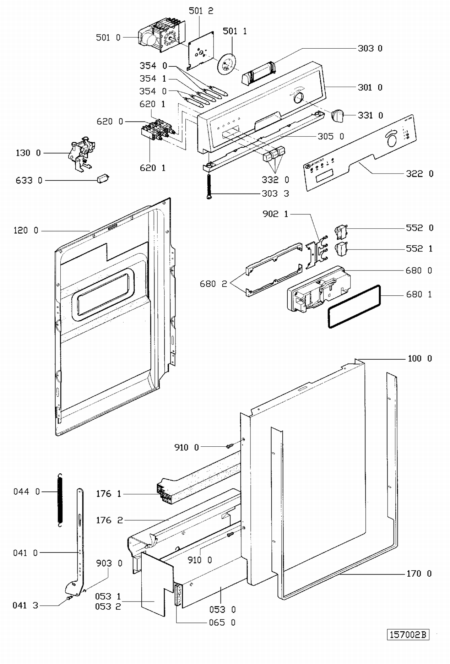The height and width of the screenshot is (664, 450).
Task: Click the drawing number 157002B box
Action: click(x=408, y=635)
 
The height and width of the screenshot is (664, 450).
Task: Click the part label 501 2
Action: click(x=201, y=11)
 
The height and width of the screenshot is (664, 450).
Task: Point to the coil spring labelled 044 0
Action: click(x=60, y=500)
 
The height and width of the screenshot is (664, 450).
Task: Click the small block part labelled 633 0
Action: click(x=103, y=179)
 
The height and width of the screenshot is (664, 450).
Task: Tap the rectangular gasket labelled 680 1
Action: click(x=354, y=306)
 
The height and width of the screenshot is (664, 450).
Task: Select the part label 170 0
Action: click(x=419, y=574)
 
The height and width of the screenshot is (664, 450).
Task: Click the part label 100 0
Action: click(x=420, y=358)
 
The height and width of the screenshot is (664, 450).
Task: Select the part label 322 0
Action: click(x=419, y=174)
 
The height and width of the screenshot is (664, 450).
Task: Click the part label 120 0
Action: click(x=26, y=231)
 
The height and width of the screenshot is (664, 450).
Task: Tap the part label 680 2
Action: click(x=213, y=284)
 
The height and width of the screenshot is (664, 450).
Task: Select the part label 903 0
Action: click(x=109, y=563)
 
